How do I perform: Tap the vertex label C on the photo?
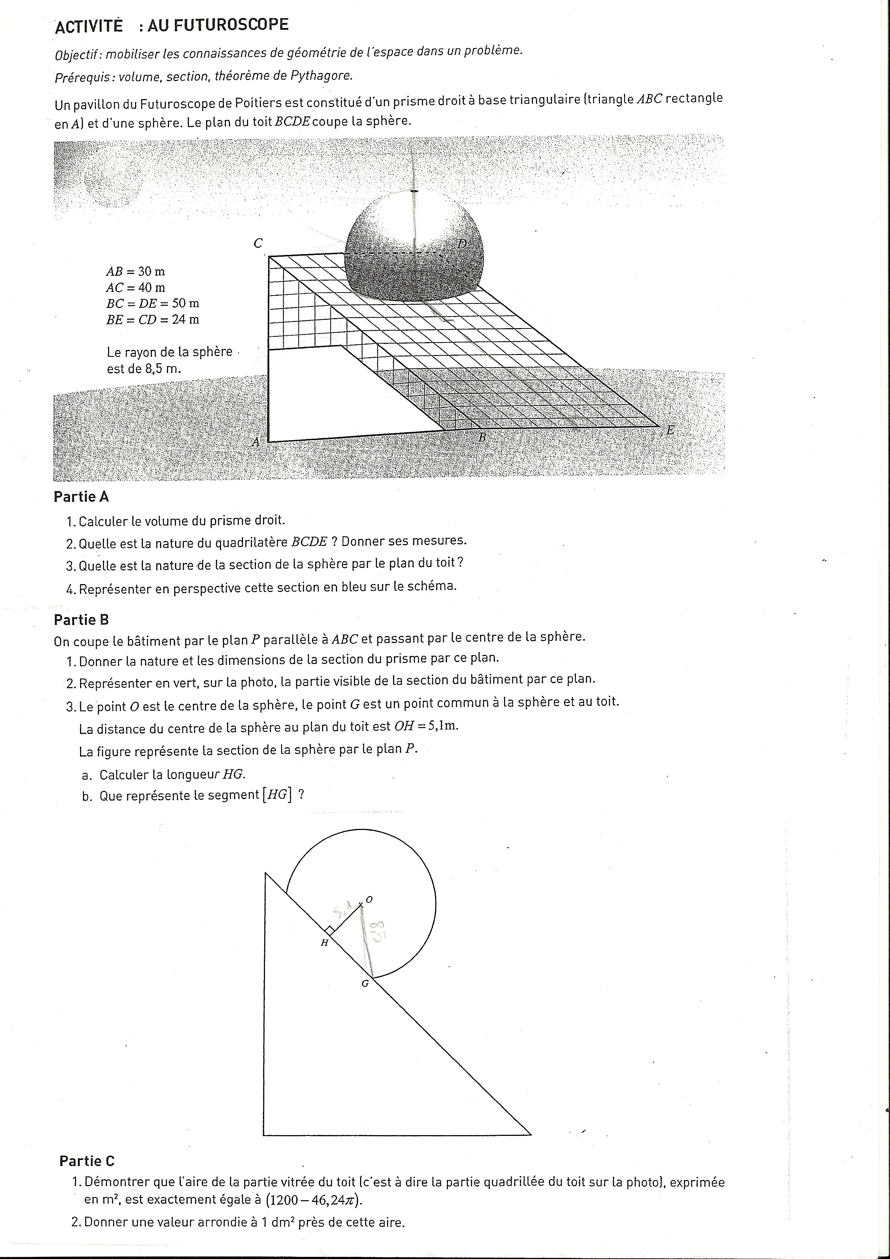[258, 243]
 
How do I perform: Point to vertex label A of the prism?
[255, 442]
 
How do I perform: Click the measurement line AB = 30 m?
[135, 271]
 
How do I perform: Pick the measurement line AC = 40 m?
[135, 287]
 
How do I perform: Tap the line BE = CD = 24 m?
[153, 319]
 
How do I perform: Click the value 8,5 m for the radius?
[163, 368]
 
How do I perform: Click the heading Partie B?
[81, 620]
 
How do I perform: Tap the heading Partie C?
[87, 1161]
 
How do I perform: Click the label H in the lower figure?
[325, 943]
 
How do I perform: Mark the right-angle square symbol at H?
[329, 930]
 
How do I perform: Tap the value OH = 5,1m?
[425, 726]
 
